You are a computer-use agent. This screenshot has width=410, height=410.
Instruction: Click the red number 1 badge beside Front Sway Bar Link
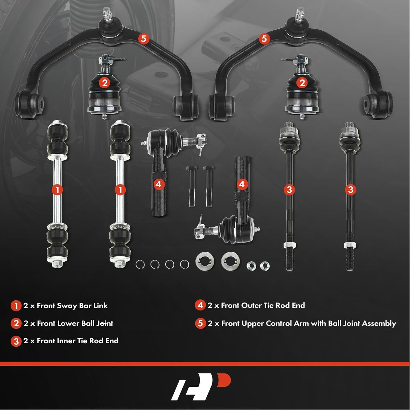pyautogui.click(x=16, y=306)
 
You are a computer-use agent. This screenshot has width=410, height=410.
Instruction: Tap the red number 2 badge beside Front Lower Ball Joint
pyautogui.click(x=16, y=323)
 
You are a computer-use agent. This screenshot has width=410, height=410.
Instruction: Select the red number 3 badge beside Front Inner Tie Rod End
pyautogui.click(x=16, y=341)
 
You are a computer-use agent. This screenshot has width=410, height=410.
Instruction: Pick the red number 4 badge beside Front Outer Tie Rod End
pyautogui.click(x=200, y=305)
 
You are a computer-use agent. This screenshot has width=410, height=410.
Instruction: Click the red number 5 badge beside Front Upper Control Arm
pyautogui.click(x=200, y=323)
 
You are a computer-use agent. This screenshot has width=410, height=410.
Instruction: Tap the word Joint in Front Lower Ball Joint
pyautogui.click(x=105, y=323)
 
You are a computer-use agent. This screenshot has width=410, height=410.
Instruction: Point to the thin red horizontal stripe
pyautogui.click(x=205, y=364)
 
